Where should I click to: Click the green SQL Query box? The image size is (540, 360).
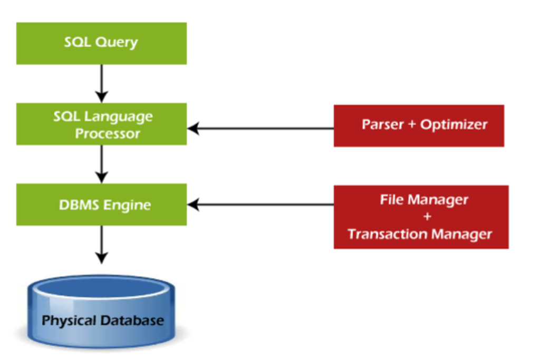click(101, 43)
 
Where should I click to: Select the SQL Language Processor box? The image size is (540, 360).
click(101, 124)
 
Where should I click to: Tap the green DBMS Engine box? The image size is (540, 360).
click(101, 205)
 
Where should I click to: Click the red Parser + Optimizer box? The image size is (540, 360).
click(419, 125)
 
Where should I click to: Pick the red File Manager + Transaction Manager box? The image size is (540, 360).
click(421, 217)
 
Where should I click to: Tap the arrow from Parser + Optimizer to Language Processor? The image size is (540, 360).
click(261, 128)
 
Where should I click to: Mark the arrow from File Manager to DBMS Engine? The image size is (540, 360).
click(261, 205)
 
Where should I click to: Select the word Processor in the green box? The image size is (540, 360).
click(108, 134)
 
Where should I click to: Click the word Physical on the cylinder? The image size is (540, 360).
click(69, 320)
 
